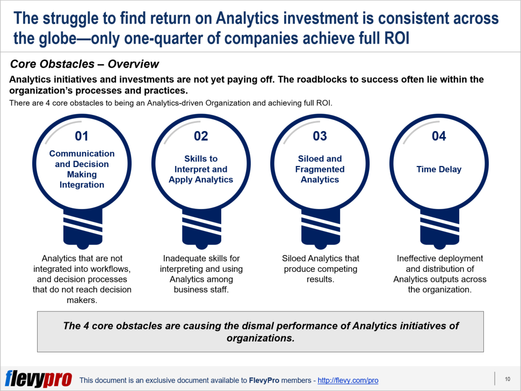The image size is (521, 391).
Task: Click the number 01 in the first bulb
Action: (82, 136)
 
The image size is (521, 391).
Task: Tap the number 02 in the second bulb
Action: (201, 136)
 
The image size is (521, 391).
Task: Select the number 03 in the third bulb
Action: (320, 136)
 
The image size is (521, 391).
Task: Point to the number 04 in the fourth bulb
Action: (439, 136)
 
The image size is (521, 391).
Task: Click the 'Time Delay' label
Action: (439, 169)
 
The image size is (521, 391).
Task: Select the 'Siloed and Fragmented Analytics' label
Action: (320, 169)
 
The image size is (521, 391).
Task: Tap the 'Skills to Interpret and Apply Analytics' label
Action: (201, 169)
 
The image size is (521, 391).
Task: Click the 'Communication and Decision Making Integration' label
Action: (82, 169)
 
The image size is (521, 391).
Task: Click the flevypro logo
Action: (39, 379)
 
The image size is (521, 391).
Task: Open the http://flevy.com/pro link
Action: (348, 380)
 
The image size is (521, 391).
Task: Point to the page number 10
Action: (508, 379)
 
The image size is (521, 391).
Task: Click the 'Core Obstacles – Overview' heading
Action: (84, 64)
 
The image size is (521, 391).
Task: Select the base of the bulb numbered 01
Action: (83, 229)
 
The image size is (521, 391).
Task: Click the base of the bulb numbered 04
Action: (439, 229)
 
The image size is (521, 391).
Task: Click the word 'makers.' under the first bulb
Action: (82, 300)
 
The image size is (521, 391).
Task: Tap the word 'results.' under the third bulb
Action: (320, 279)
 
